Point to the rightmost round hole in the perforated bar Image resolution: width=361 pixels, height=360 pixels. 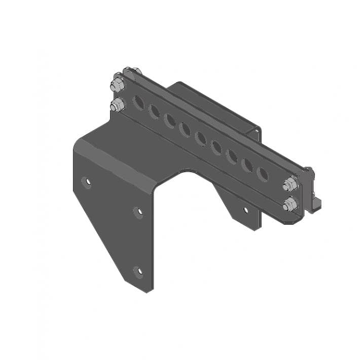[x=262, y=174]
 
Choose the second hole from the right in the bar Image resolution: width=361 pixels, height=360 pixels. [x=247, y=165]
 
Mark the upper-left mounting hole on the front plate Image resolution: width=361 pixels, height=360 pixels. [x=87, y=182]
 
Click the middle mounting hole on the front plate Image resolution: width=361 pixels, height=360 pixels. [x=138, y=212]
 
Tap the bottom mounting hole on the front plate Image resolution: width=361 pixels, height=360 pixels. [x=138, y=271]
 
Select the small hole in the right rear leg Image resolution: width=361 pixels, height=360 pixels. [x=245, y=209]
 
